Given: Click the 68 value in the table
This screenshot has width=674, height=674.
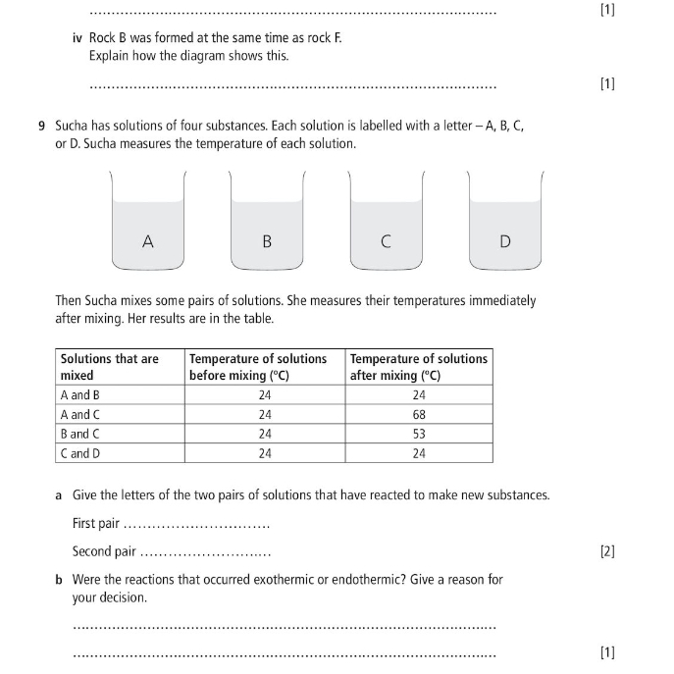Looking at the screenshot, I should [x=419, y=414].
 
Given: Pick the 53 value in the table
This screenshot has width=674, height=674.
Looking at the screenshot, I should [x=419, y=434].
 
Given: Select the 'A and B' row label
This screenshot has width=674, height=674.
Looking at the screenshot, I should [x=80, y=395].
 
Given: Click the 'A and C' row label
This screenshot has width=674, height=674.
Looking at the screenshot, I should [x=80, y=414].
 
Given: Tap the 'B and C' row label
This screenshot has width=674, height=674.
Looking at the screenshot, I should [x=80, y=434].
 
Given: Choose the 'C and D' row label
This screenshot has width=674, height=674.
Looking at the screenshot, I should [x=80, y=453].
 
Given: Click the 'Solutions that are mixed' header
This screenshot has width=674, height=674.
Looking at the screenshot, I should [x=109, y=367].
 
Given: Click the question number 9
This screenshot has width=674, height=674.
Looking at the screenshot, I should [x=42, y=127].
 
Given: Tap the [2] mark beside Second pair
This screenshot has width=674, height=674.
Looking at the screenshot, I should [x=607, y=551].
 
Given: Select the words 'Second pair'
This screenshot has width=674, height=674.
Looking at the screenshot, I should [x=104, y=551].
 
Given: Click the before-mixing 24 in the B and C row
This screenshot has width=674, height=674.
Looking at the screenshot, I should [x=265, y=434].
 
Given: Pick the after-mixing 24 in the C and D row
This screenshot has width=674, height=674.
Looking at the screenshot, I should [x=419, y=453].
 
